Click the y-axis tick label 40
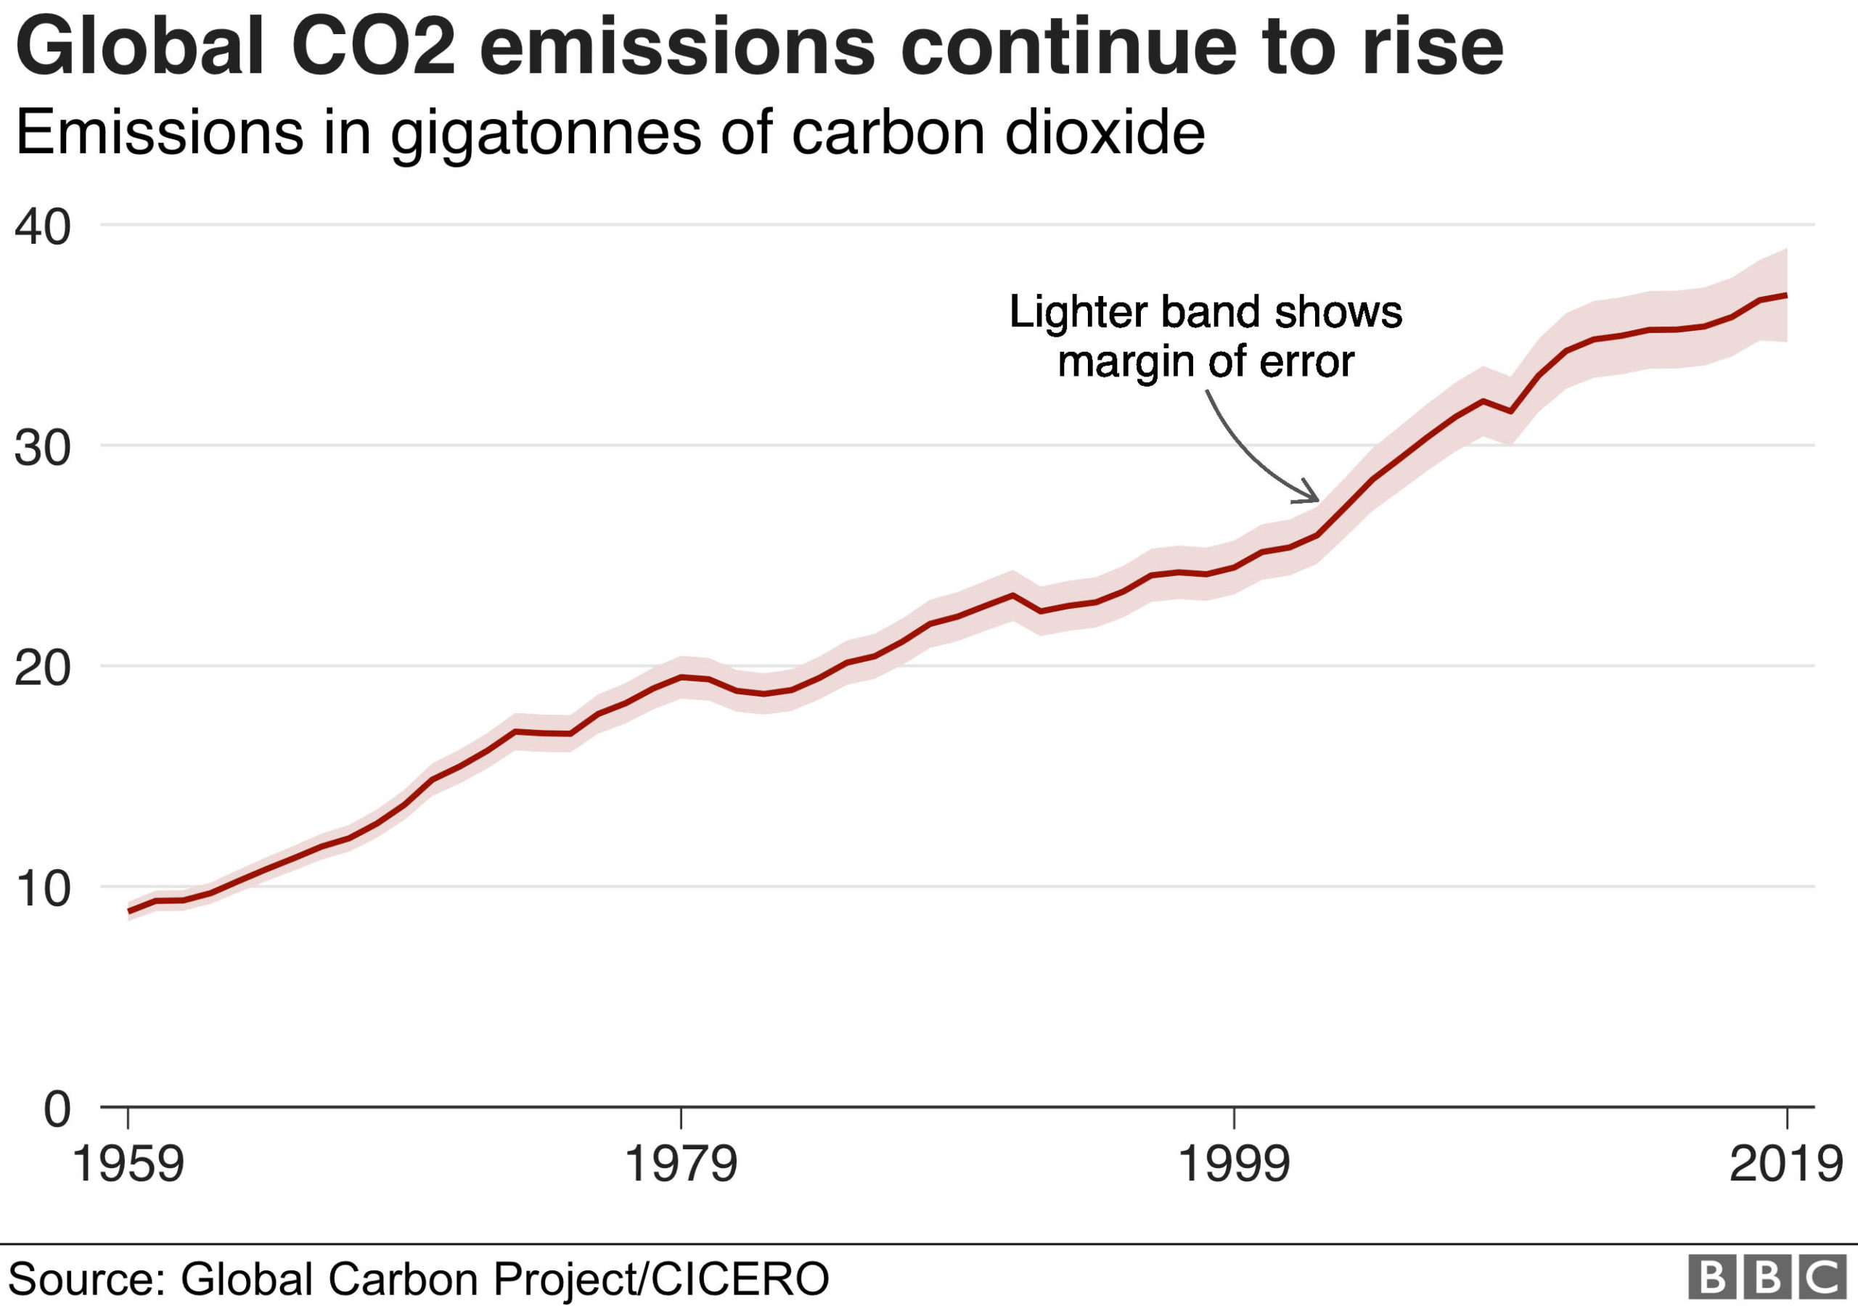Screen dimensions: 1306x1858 coord(42,227)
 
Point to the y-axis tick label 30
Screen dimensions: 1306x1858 coord(42,448)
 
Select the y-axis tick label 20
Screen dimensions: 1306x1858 coord(42,668)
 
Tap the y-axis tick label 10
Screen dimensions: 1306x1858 coord(42,889)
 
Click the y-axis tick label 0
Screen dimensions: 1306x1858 coord(57,1109)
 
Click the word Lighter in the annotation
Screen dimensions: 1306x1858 coord(1077,312)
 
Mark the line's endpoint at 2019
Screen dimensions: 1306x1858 coord(1786,295)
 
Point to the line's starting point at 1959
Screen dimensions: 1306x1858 coord(128,912)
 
